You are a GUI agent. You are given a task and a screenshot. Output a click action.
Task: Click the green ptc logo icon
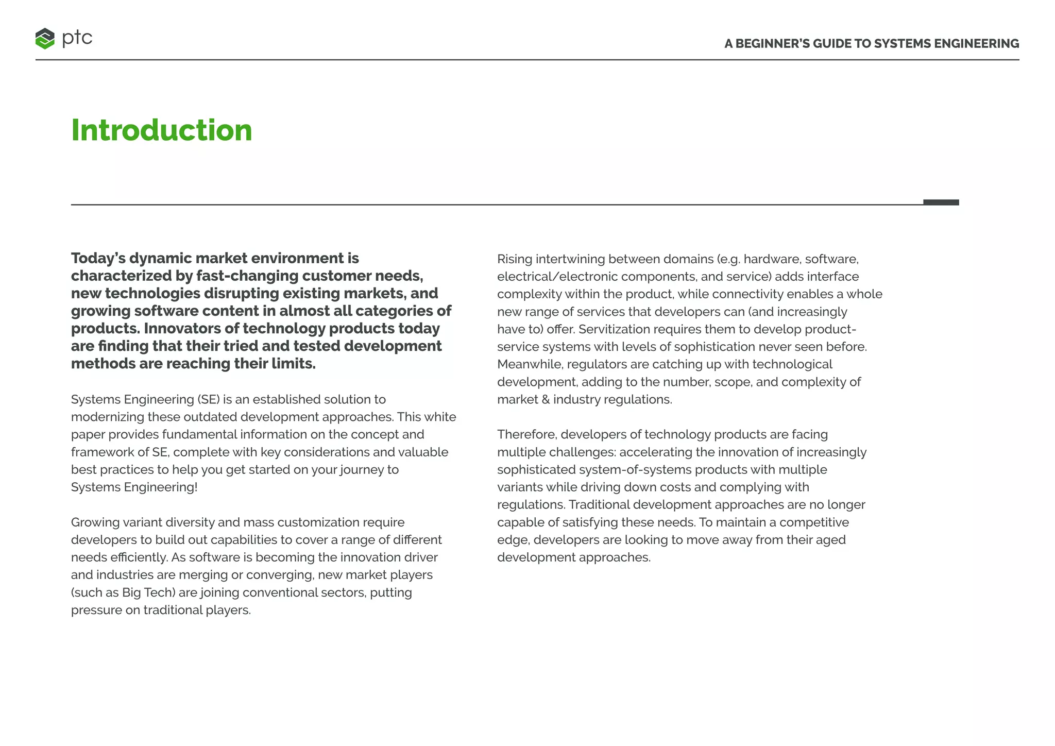click(x=45, y=39)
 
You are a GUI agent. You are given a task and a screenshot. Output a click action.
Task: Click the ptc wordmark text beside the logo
click(x=77, y=38)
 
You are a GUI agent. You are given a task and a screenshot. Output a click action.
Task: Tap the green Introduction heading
click(x=161, y=130)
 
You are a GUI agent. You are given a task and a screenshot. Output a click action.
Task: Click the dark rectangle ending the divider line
click(x=941, y=202)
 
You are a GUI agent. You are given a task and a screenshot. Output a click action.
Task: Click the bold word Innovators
click(x=190, y=328)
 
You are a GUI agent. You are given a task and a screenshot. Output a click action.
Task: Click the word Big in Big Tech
click(x=131, y=592)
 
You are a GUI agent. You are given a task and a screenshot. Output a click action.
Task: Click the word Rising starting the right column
click(x=515, y=259)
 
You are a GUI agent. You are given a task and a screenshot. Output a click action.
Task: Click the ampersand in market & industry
click(x=546, y=399)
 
